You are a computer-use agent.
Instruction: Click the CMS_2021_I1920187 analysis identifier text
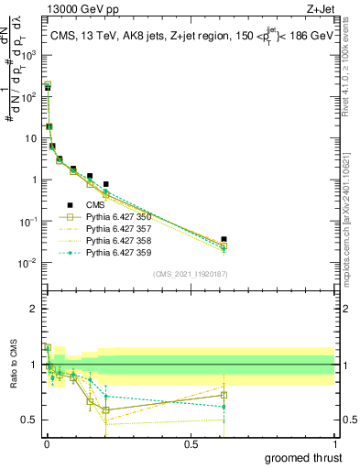click(190, 274)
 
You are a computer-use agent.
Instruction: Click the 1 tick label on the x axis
click(335, 442)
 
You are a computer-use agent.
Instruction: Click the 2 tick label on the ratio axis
click(34, 309)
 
